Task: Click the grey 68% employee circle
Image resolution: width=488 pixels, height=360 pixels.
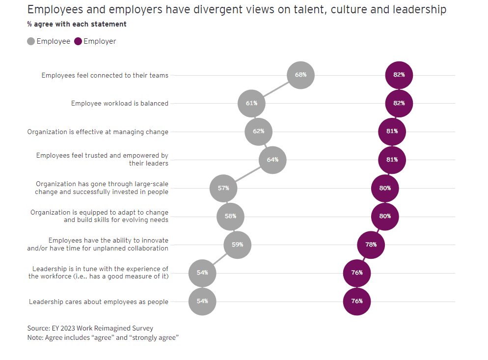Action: (x=300, y=75)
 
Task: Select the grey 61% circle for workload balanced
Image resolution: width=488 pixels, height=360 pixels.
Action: (x=251, y=103)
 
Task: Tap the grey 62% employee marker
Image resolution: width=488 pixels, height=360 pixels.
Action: (x=259, y=132)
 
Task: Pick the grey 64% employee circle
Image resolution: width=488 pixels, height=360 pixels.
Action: (x=272, y=160)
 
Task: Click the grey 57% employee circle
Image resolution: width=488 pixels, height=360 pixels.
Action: (x=223, y=188)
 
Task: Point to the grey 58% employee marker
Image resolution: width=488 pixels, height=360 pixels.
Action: (x=230, y=216)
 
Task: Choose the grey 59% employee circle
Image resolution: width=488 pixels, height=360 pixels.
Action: (x=238, y=244)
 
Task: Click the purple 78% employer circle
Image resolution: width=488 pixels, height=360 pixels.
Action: (x=371, y=244)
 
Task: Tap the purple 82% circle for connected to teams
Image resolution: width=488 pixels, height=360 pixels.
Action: (x=399, y=75)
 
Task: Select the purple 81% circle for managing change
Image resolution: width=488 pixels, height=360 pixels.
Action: (x=392, y=132)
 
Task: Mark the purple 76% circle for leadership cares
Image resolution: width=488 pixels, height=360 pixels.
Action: (x=357, y=301)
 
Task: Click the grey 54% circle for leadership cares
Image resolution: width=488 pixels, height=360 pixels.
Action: (x=202, y=301)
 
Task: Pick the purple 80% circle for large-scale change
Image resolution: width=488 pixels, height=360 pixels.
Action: (x=385, y=188)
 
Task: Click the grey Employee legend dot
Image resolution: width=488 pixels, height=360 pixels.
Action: (x=31, y=42)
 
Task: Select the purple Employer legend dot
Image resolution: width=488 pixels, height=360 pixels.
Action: (x=78, y=42)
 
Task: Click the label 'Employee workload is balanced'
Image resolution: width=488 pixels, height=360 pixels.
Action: (x=119, y=104)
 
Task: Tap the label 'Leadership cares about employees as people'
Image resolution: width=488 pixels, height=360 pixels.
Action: (x=98, y=302)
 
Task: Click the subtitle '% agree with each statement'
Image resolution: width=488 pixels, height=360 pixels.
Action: (x=77, y=24)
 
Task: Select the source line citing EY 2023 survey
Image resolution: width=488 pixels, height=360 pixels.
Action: (x=90, y=328)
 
